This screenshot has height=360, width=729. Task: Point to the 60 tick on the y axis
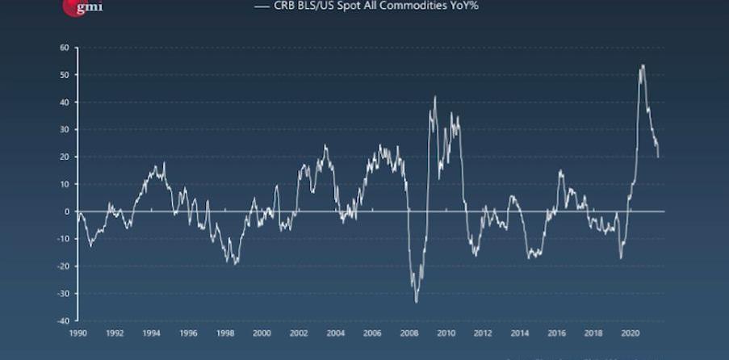tap(64, 48)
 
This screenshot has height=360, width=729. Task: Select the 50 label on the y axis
tap(64, 75)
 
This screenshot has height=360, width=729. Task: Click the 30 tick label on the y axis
tap(64, 130)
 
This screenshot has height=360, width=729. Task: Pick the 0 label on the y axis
tap(66, 211)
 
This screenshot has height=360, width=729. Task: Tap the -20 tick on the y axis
tap(62, 266)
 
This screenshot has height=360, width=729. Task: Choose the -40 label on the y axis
tap(62, 320)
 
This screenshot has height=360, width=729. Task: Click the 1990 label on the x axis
tap(78, 333)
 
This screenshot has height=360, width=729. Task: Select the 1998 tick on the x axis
tap(224, 333)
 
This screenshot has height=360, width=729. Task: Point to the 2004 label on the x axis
tap(335, 333)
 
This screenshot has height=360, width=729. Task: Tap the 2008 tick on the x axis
tap(408, 333)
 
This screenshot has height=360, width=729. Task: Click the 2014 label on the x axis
tap(519, 333)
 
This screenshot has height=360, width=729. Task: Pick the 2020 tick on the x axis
tap(629, 333)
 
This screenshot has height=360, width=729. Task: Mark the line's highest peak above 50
tap(643, 65)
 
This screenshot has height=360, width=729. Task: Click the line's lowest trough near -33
tap(417, 302)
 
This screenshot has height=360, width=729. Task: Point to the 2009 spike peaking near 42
tap(435, 97)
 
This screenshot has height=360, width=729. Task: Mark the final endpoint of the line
tap(658, 157)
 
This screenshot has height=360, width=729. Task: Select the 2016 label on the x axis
tap(555, 333)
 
